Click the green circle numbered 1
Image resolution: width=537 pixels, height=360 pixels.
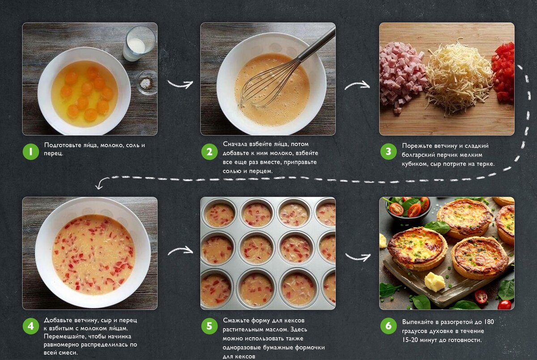(31, 152)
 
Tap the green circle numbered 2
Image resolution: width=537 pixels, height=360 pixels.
(209, 152)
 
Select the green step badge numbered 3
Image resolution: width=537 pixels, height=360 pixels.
(388, 152)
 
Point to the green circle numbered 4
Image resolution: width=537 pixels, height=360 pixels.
(31, 326)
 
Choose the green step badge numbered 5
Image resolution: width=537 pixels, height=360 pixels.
(209, 326)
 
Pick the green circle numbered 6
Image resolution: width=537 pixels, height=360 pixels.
(388, 326)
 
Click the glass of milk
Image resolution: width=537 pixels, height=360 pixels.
(139, 43)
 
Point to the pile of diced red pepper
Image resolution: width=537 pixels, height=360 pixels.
(503, 73)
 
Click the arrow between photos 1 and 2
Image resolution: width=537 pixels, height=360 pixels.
(180, 84)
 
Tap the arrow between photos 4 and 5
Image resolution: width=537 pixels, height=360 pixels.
(180, 251)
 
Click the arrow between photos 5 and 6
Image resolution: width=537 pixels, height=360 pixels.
(358, 257)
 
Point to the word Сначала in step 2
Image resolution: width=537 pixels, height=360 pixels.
(235, 144)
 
